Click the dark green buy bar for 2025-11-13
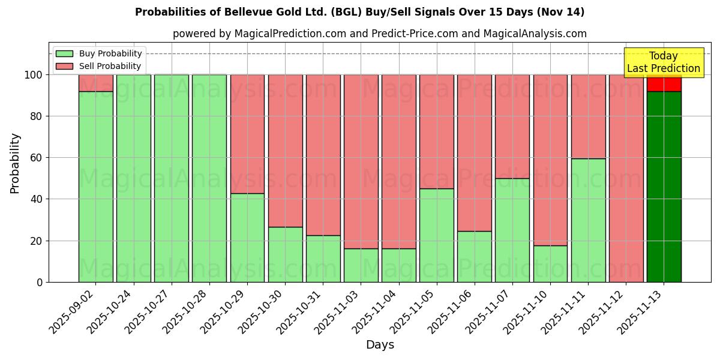[664, 186]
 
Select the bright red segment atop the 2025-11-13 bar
[664, 83]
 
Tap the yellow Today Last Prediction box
[664, 62]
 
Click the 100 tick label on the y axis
[34, 75]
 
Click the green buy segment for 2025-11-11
[588, 220]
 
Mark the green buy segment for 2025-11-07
[512, 230]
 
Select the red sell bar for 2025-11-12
[626, 178]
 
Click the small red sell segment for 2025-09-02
[95, 83]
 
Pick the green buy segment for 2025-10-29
[247, 237]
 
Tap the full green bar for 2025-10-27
[171, 178]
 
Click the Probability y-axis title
[15, 163]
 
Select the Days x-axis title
[380, 345]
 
